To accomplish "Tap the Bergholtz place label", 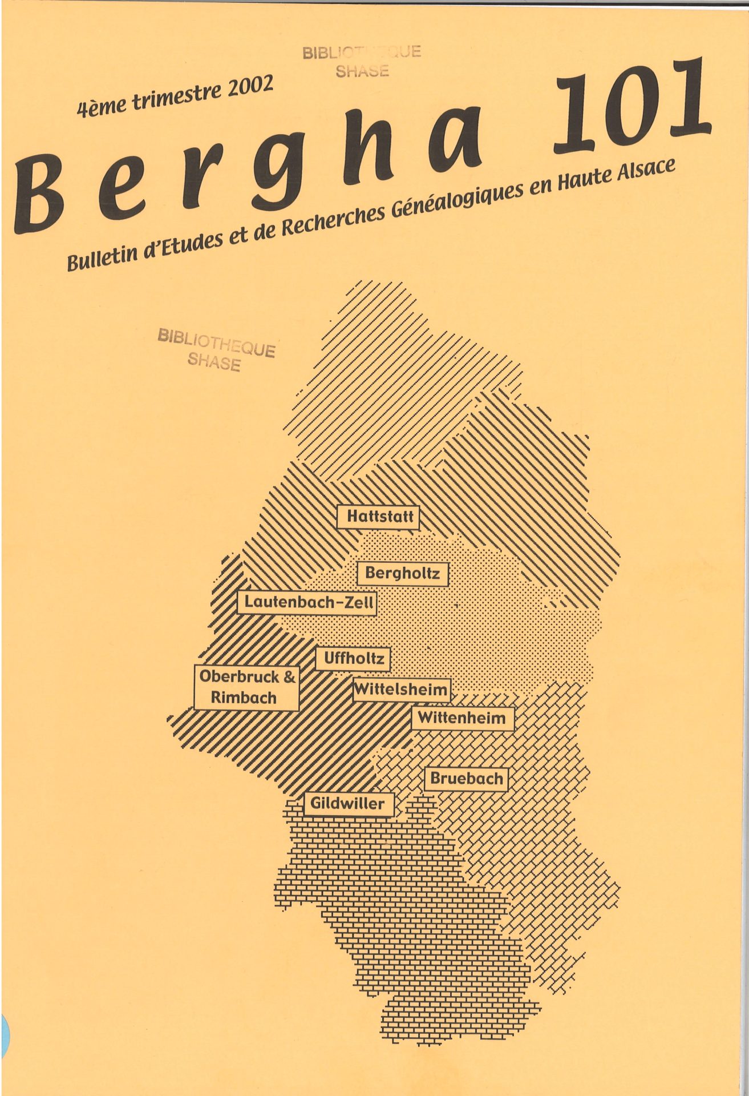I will coord(402,573).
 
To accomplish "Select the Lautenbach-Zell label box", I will coord(307,602).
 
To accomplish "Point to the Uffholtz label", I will coord(353,659).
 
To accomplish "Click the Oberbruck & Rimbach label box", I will coord(246,687).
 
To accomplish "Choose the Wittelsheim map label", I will coord(401,690).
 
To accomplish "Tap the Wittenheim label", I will coord(462,718).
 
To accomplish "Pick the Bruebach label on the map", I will coord(466,778).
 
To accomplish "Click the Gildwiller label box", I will coord(347,804).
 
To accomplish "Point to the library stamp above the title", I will coord(362,61).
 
